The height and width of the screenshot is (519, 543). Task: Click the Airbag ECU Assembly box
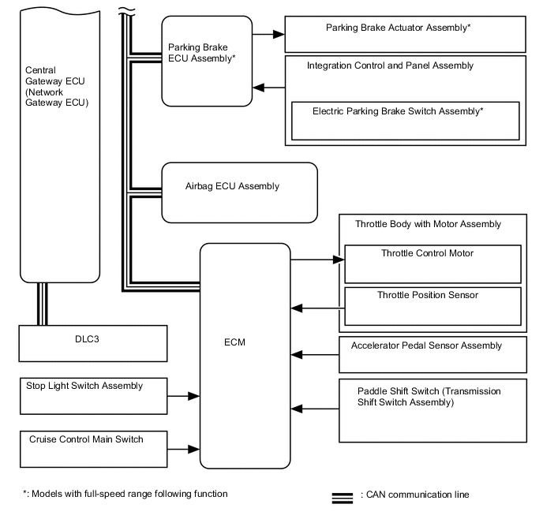(x=239, y=192)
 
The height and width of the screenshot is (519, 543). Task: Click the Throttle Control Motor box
(x=433, y=263)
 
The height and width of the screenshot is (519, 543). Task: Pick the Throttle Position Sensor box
(x=433, y=306)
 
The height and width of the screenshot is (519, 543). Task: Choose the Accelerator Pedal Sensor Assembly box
(x=433, y=355)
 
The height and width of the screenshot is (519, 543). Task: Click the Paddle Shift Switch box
(x=433, y=409)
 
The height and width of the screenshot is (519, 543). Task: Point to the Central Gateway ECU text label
(x=57, y=87)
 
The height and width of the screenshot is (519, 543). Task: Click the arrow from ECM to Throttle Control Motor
(x=316, y=259)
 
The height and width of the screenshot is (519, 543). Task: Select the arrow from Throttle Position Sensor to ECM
(x=316, y=307)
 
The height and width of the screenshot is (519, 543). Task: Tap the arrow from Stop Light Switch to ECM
(x=183, y=397)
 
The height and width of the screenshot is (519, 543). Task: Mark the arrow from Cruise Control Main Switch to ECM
(x=183, y=449)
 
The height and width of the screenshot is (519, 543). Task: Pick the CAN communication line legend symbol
(x=342, y=498)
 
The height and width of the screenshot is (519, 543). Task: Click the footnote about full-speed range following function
(x=125, y=494)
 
